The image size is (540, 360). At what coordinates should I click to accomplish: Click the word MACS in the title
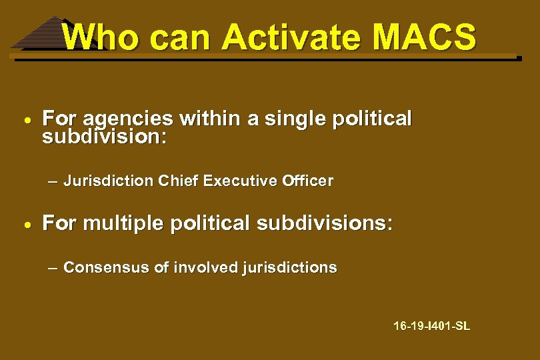[424, 37]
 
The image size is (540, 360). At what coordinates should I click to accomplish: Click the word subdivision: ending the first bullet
[105, 138]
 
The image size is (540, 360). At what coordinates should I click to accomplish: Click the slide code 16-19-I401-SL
[431, 327]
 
